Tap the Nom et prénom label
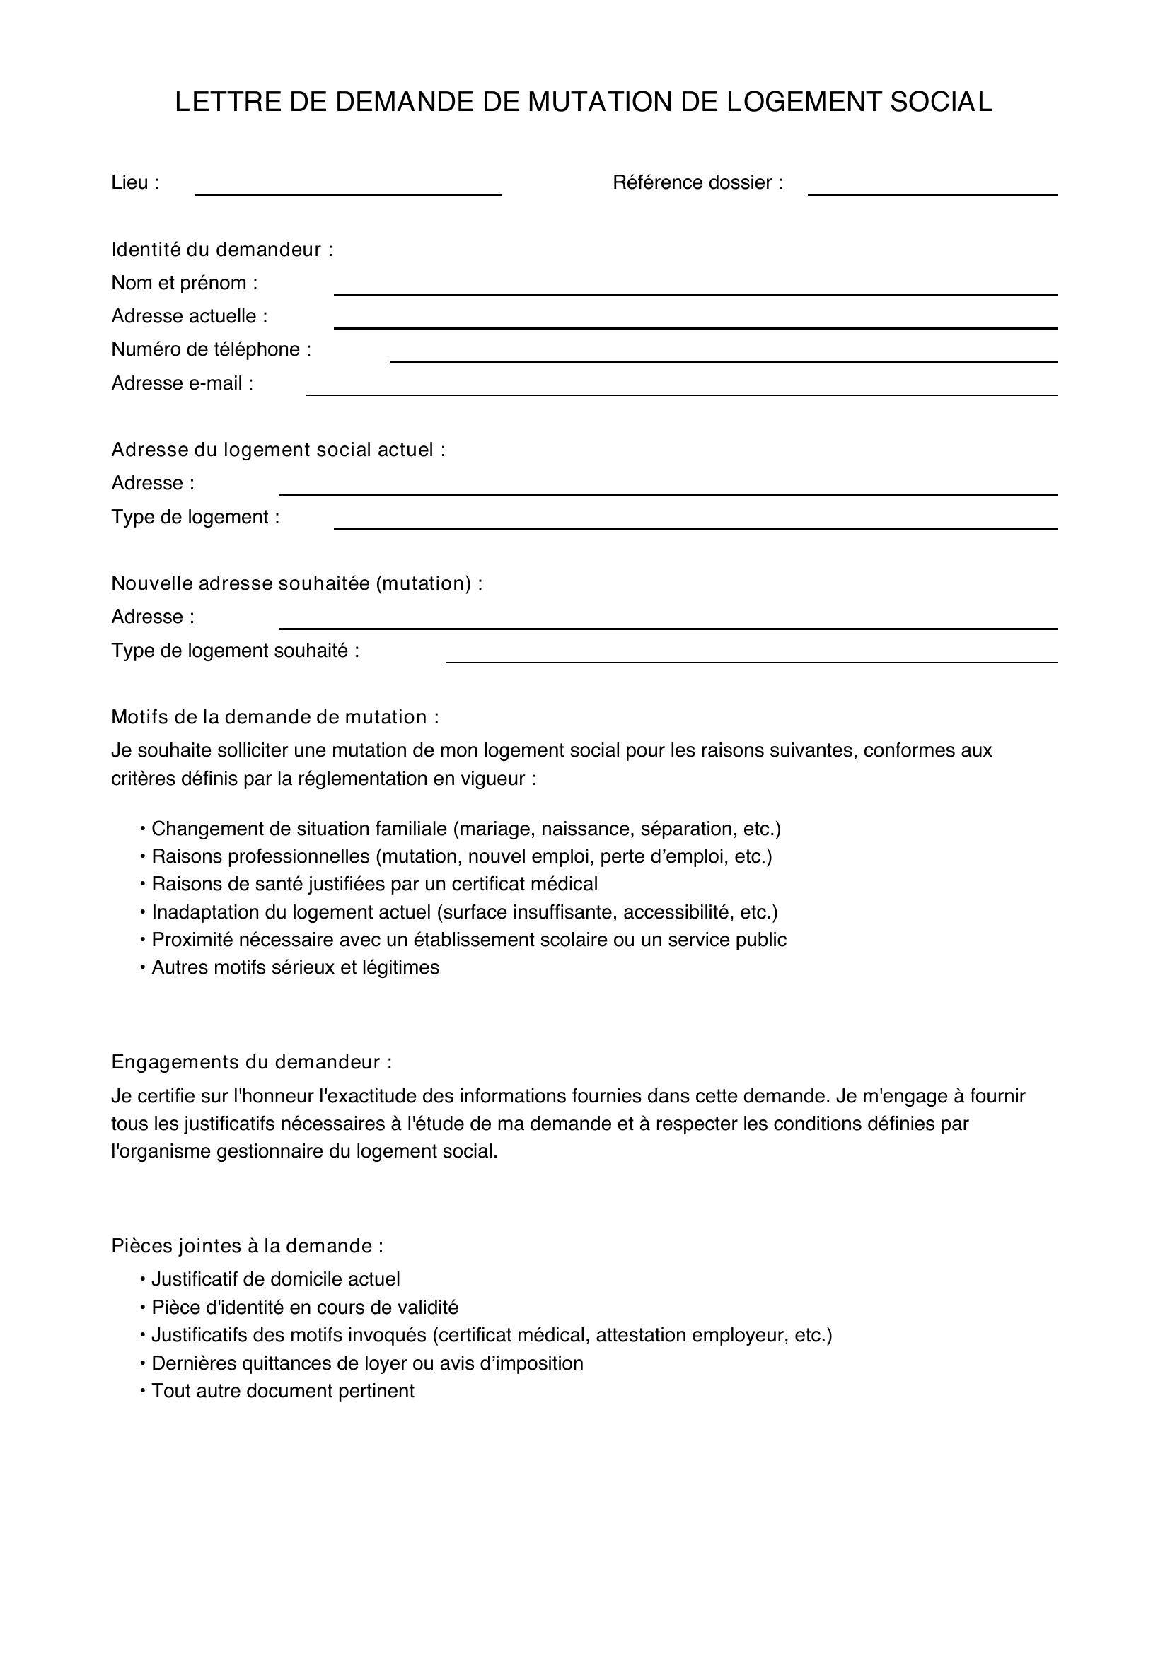coord(185,283)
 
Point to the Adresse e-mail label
coord(183,383)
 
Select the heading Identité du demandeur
coord(222,250)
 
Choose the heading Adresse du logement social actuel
coord(278,450)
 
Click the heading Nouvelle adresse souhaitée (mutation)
coord(297,583)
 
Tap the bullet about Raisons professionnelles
coord(461,856)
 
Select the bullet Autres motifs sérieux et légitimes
coord(295,967)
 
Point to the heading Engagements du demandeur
coord(251,1063)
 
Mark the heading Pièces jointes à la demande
coord(247,1246)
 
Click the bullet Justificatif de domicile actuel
coord(275,1279)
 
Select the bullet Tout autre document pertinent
coord(282,1391)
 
